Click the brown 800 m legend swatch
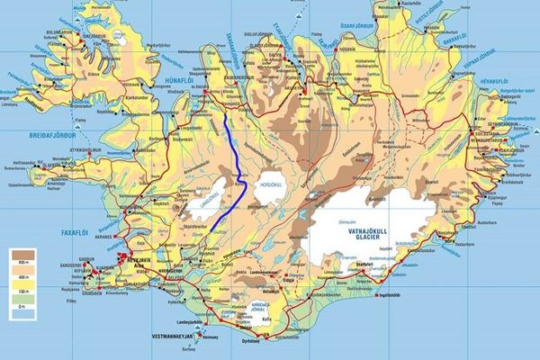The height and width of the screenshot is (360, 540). tap(22, 254)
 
